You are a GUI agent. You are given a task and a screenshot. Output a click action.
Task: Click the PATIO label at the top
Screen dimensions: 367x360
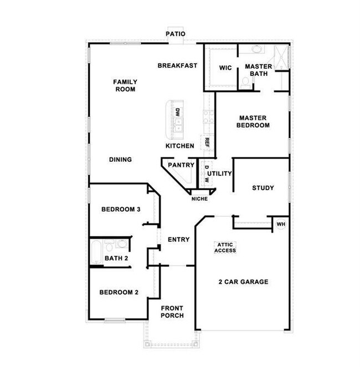click(x=176, y=34)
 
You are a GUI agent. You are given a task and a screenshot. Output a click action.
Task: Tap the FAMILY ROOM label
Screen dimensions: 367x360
click(x=125, y=85)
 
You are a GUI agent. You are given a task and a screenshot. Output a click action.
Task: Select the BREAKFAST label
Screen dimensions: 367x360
click(x=177, y=65)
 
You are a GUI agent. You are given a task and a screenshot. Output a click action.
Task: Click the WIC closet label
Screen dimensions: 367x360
click(x=225, y=68)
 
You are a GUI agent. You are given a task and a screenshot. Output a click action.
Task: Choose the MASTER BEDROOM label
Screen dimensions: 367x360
click(x=254, y=121)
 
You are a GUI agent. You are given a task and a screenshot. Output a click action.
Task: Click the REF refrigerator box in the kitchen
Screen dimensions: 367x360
click(x=207, y=142)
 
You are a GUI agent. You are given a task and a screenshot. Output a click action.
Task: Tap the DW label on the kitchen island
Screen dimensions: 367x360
click(x=178, y=112)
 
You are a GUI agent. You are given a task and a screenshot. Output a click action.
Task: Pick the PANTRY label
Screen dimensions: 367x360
click(x=181, y=165)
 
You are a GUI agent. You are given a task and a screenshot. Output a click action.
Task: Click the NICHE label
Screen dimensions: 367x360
click(x=199, y=198)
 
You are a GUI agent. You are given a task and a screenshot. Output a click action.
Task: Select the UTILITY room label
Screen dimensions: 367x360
click(x=219, y=174)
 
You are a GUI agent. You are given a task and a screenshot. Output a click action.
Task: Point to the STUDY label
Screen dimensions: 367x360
click(x=263, y=188)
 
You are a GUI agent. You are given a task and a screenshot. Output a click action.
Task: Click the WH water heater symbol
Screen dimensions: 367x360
click(x=280, y=224)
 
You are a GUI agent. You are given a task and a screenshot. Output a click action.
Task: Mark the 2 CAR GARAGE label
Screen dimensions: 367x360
click(x=243, y=282)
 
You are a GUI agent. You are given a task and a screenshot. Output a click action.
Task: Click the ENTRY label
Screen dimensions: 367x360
click(x=178, y=239)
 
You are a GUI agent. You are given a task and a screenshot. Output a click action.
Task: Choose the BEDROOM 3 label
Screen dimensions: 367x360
click(x=121, y=210)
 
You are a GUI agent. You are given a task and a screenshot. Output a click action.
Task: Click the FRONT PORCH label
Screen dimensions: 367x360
click(x=172, y=312)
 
